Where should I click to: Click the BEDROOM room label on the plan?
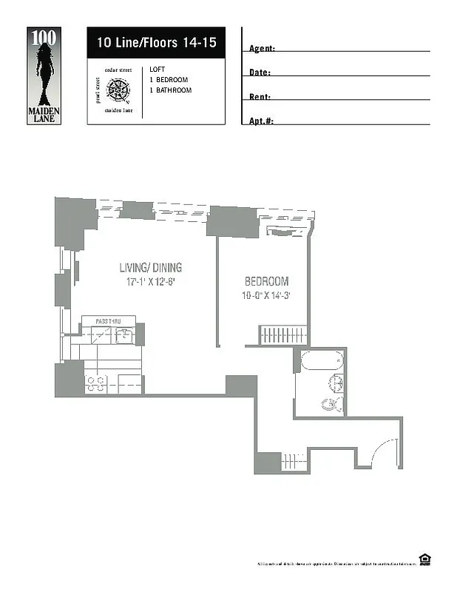266,281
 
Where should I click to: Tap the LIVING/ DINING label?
151,268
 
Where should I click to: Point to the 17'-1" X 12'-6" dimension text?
151,282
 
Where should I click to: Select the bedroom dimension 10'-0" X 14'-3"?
266,295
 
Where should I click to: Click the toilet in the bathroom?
331,403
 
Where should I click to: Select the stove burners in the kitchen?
96,383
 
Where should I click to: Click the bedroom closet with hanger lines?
281,334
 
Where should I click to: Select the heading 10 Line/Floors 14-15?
156,43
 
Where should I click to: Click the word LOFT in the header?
157,70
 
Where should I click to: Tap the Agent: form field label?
263,49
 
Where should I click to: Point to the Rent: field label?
260,97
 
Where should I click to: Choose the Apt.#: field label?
262,121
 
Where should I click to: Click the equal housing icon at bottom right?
425,560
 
